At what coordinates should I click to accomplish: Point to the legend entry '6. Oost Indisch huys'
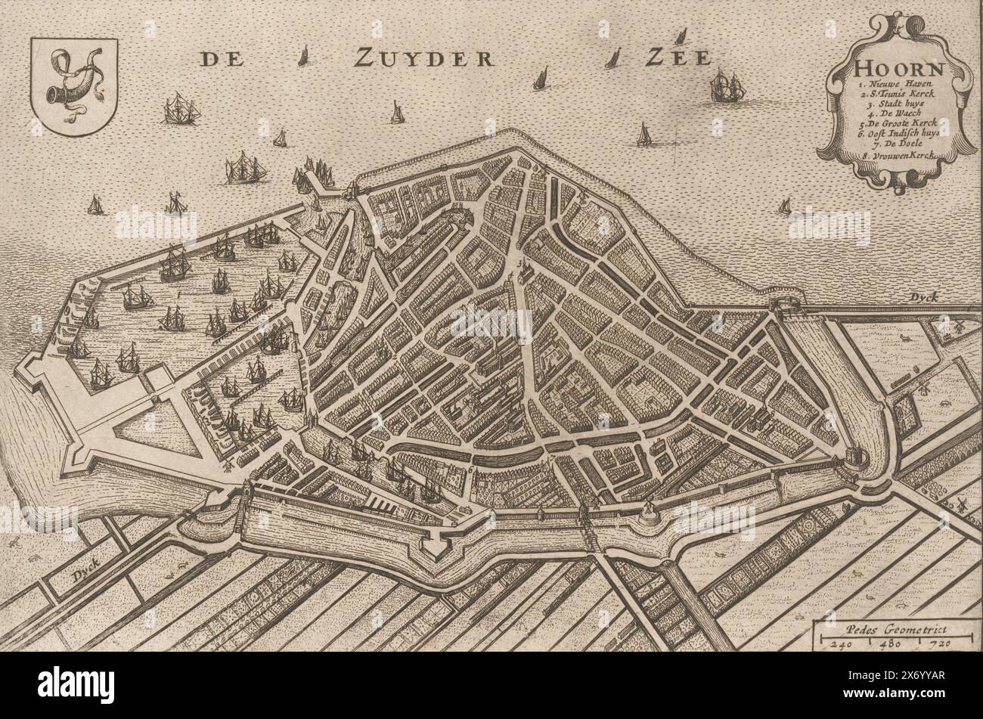897,141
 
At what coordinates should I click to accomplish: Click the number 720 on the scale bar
933,643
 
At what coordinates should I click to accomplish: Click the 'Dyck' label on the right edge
924,297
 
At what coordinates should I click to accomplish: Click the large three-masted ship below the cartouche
727,88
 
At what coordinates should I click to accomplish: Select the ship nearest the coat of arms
181,110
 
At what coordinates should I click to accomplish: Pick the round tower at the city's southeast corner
854,457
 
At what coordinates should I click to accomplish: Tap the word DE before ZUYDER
221,59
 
